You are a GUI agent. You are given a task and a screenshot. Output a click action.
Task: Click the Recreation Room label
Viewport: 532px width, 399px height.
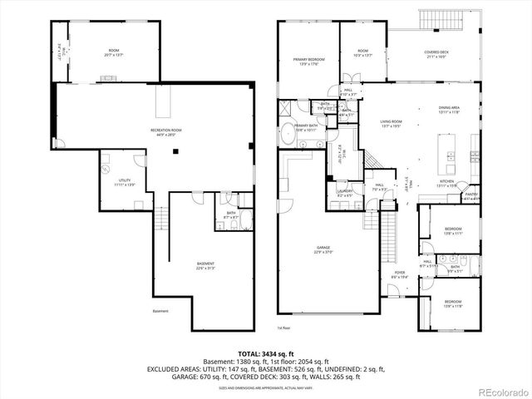tap(166, 132)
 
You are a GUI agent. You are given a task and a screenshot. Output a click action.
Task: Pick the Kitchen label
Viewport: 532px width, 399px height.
tap(446, 183)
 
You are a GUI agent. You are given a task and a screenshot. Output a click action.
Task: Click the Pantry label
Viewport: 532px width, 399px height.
tap(471, 197)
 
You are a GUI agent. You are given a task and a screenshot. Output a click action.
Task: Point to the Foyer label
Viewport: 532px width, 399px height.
tap(399, 273)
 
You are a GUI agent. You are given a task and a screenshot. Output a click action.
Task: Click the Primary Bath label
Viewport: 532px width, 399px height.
tap(306, 128)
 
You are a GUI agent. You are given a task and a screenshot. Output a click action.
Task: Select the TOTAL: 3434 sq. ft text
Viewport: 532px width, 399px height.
tap(265, 353)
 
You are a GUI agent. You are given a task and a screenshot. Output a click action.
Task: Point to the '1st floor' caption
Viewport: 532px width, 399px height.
tap(283, 327)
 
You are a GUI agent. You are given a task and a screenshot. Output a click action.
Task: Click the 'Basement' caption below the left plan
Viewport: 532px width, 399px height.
tap(160, 312)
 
